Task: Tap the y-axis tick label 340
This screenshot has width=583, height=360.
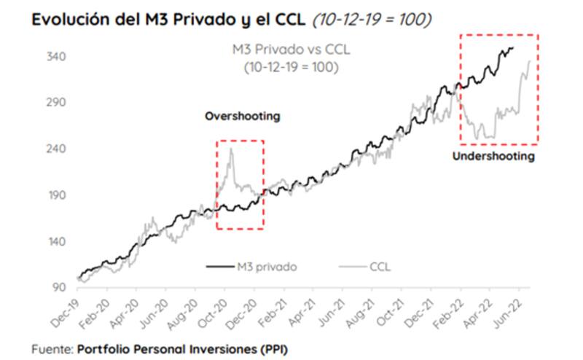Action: coord(57,57)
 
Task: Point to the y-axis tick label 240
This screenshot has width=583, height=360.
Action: coord(57,149)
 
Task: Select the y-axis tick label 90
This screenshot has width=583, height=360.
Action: coord(60,287)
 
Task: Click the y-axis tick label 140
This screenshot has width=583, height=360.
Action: coord(57,242)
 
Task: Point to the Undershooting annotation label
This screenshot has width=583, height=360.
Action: coord(493,157)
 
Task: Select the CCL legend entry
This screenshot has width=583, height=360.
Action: coord(380,267)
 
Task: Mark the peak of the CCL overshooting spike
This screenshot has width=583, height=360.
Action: coord(231,149)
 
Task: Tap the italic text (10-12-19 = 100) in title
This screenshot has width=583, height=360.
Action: coord(372,20)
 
